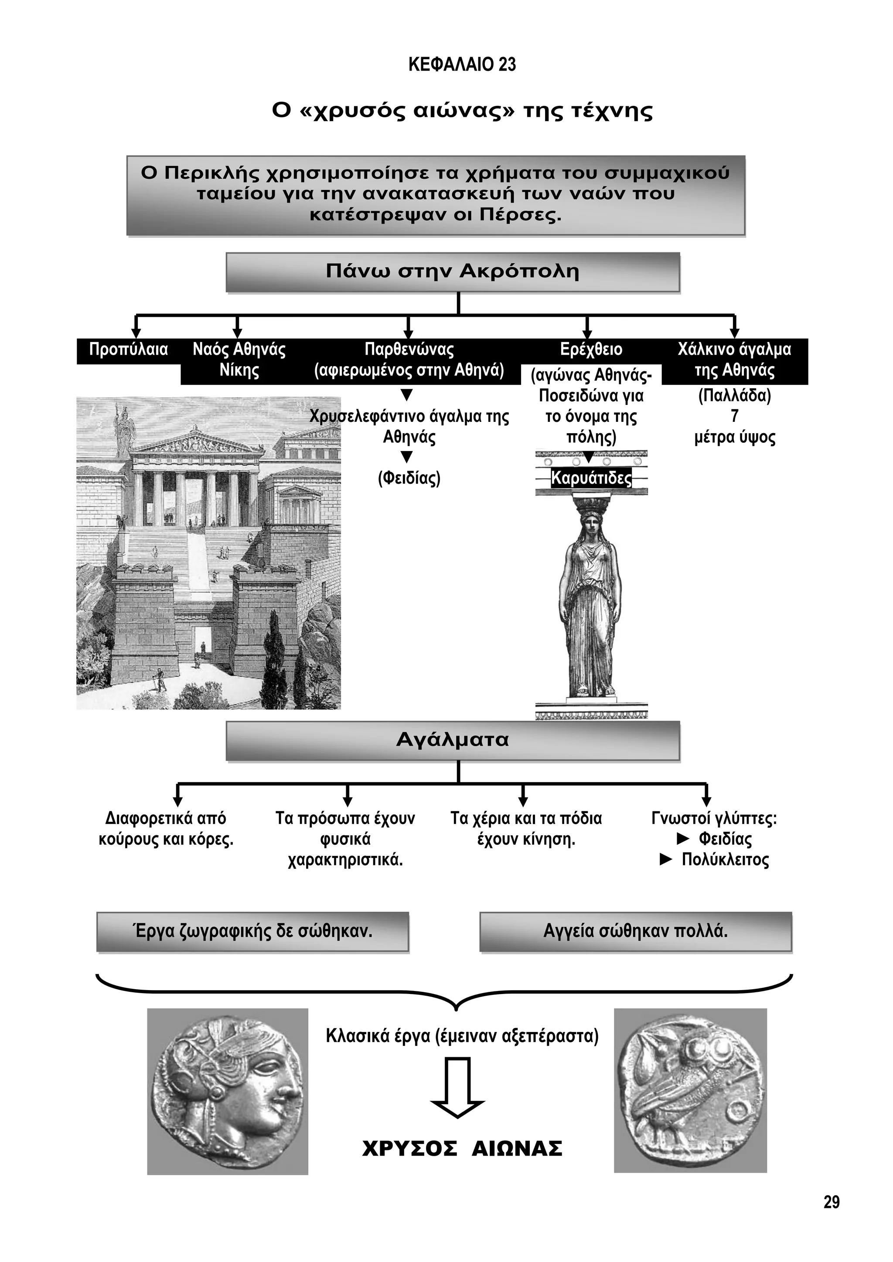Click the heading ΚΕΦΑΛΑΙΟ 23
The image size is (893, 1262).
tap(462, 65)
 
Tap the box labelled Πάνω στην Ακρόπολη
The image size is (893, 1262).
tap(453, 271)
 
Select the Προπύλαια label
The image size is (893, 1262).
tap(128, 349)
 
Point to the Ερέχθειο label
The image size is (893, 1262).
tap(591, 349)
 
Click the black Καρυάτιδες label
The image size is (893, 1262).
tap(591, 478)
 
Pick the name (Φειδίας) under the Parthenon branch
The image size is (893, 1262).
tap(409, 478)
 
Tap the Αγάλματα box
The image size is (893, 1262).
tap(453, 740)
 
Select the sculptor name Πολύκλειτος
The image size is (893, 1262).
tap(725, 860)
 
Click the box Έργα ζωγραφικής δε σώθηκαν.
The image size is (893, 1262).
tap(252, 931)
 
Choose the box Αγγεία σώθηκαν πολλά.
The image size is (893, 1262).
tap(635, 931)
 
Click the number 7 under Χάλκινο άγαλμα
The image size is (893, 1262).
tap(734, 416)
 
